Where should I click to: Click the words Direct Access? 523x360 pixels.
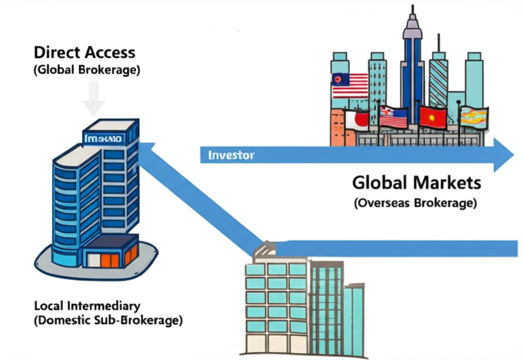tap(84, 53)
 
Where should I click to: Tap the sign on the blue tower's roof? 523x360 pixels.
tap(109, 137)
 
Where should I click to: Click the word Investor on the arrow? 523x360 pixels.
tap(231, 155)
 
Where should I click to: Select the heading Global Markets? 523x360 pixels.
tap(416, 182)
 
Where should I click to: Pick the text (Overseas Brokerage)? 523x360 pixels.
tap(415, 203)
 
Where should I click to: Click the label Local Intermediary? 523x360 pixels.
tap(87, 306)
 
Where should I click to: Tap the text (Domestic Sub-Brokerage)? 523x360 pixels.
tap(108, 321)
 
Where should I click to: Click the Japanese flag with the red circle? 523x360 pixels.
tap(356, 121)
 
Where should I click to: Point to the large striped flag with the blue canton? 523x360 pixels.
tap(349, 85)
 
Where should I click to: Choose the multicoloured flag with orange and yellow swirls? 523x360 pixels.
tap(474, 117)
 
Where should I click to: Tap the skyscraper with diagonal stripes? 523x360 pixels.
tap(438, 82)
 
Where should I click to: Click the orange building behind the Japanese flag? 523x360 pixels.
tap(338, 128)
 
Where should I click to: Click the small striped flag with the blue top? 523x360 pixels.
tap(393, 117)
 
